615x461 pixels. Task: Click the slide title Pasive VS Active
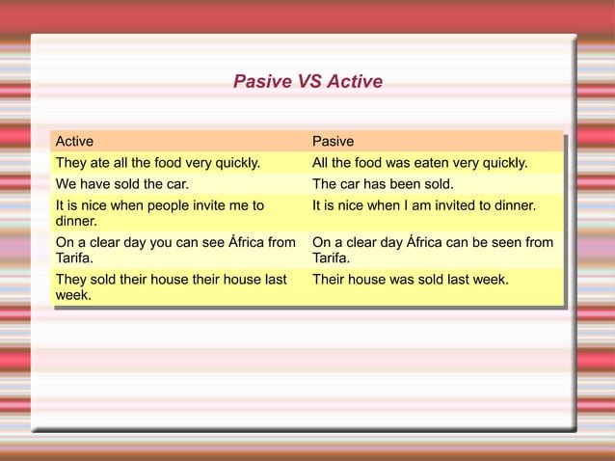tap(307, 82)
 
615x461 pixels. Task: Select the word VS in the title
tap(309, 82)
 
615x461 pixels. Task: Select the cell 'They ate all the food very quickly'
tap(158, 163)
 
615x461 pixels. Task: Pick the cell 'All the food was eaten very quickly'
tap(419, 163)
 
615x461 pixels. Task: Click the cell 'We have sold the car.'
tap(122, 183)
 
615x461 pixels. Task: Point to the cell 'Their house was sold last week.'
tap(411, 279)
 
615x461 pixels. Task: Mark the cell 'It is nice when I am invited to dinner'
tap(424, 205)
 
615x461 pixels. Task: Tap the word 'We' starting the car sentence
tap(66, 183)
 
